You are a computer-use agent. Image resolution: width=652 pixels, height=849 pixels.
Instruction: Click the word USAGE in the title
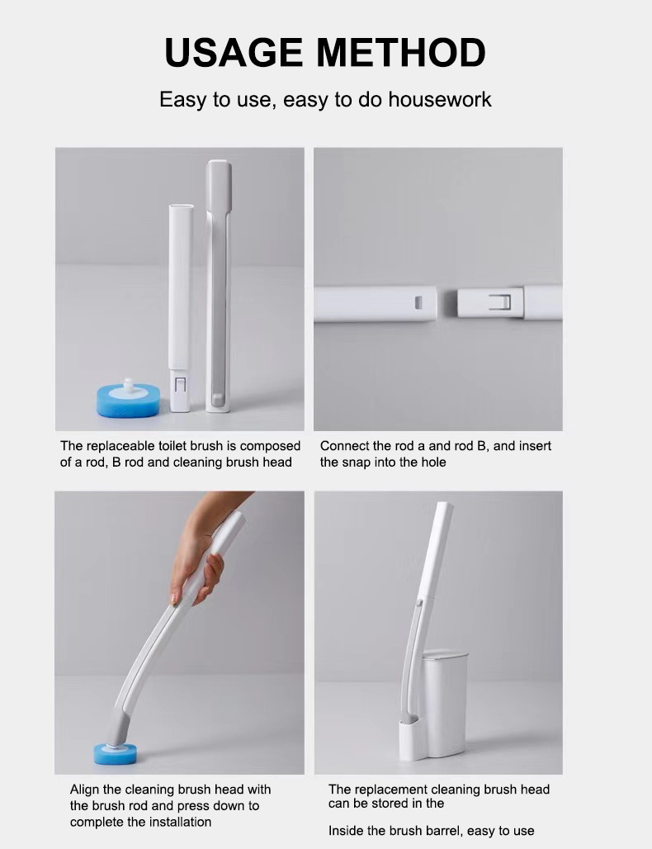[x=234, y=53]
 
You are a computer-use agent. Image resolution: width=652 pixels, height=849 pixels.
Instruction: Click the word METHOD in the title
[x=401, y=53]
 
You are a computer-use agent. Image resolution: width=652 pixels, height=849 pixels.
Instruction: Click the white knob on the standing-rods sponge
[x=128, y=385]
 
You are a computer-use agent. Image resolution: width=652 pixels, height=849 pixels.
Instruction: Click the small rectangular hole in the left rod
[x=418, y=302]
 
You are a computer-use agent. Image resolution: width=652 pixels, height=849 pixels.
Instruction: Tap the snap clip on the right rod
[x=500, y=302]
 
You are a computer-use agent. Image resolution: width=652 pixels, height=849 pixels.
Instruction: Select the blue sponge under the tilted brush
[x=115, y=754]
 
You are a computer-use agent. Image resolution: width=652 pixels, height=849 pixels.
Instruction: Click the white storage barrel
[x=445, y=703]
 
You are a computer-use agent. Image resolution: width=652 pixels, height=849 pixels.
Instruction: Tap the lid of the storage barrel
[x=445, y=655]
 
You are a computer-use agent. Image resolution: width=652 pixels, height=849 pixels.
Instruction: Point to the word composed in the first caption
[x=270, y=446]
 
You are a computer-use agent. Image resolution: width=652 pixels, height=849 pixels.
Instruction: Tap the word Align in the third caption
[x=84, y=790]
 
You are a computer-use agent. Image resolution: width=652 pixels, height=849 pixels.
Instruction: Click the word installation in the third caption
[x=177, y=822]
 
